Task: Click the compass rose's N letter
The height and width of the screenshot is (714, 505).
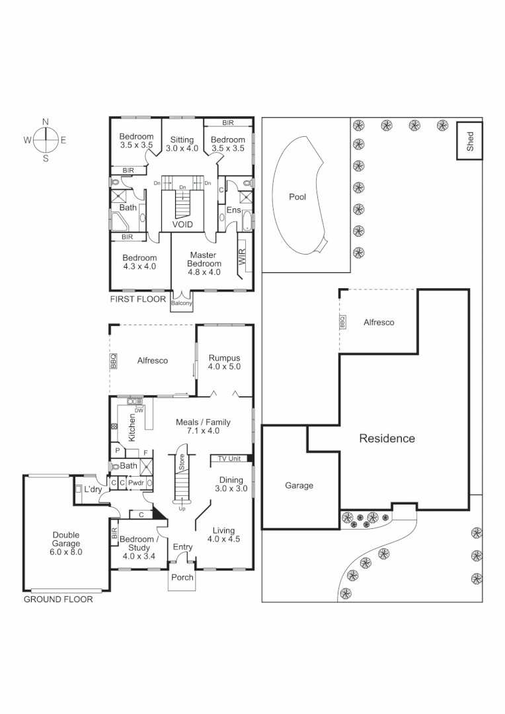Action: [46, 122]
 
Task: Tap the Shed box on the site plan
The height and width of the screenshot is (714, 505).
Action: [470, 141]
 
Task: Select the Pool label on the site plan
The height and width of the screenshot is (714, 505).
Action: [297, 197]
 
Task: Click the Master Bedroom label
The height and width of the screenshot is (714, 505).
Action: [204, 263]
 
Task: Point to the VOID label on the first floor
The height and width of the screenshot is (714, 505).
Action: [182, 225]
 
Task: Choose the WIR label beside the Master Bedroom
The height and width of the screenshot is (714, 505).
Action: [242, 258]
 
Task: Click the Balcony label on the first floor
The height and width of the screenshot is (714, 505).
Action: [182, 303]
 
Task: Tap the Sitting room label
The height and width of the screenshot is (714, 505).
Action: [182, 144]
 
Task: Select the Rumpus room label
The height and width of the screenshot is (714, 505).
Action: [224, 362]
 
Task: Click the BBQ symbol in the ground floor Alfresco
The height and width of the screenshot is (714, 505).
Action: [113, 362]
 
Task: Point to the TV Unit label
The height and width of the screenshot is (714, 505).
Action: [229, 459]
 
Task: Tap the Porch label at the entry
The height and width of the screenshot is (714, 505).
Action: [182, 577]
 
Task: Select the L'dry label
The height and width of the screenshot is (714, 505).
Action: [93, 489]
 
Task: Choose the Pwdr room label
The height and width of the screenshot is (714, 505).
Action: [136, 483]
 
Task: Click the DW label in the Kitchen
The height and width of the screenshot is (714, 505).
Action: [139, 410]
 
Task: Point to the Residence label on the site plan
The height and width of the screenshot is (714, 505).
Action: [387, 438]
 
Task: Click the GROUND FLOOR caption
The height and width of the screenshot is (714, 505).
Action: [58, 600]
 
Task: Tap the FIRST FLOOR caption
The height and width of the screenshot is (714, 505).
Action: [138, 299]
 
